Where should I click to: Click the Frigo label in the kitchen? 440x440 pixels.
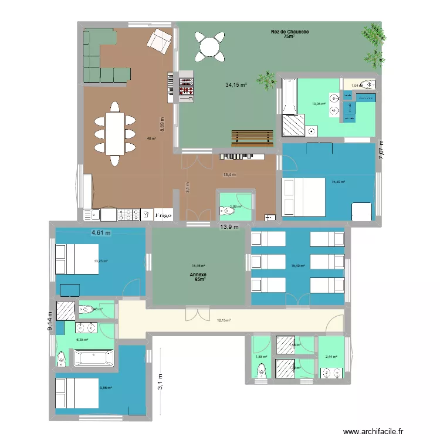tap(163, 216)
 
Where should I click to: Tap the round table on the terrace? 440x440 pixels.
tap(209, 46)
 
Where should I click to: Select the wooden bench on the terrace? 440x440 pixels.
tap(252, 136)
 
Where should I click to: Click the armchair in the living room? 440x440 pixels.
tap(158, 40)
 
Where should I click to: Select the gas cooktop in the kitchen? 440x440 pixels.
tap(128, 215)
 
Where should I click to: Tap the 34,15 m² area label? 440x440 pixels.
tap(236, 85)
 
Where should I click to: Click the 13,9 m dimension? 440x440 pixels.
tap(229, 227)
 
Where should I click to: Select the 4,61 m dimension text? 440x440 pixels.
tap(100, 233)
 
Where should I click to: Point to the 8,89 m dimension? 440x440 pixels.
tap(163, 124)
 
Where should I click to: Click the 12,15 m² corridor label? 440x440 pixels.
tap(224, 320)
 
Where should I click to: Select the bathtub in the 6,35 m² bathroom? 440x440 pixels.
tap(94, 358)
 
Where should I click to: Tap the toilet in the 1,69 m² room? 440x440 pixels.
tap(225, 209)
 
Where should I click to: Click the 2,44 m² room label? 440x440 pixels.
tap(332, 357)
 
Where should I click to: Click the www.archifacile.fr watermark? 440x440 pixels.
tap(379, 432)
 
